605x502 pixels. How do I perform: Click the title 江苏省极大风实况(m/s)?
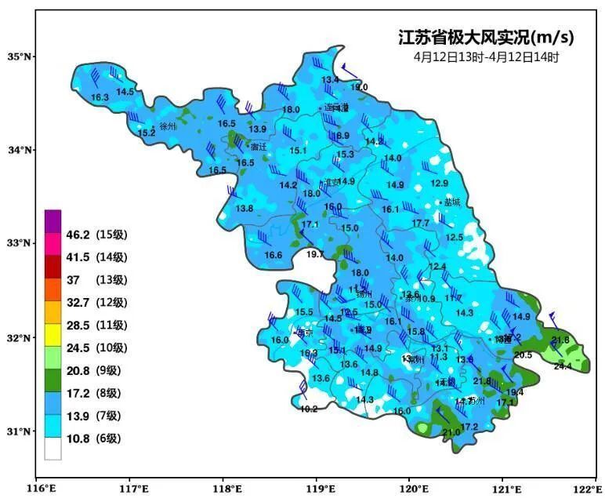pyautogui.click(x=486, y=38)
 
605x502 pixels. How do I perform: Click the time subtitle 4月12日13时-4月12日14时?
pyautogui.click(x=486, y=57)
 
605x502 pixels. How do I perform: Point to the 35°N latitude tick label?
pyautogui.click(x=17, y=56)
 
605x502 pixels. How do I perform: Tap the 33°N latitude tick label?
pyautogui.click(x=17, y=243)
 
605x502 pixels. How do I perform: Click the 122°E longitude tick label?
pyautogui.click(x=584, y=488)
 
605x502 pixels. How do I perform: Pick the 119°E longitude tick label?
pyautogui.click(x=317, y=488)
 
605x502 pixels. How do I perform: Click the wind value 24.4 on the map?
pyautogui.click(x=563, y=366)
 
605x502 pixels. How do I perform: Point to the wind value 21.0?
pyautogui.click(x=451, y=432)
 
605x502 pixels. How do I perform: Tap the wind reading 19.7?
pyautogui.click(x=315, y=254)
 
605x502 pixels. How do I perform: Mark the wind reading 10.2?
pyautogui.click(x=309, y=409)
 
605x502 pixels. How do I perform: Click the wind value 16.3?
pyautogui.click(x=100, y=97)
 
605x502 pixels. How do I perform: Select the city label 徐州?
pyautogui.click(x=168, y=125)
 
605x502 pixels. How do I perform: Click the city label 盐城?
pyautogui.click(x=452, y=202)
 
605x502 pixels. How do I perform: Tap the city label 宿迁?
pyautogui.click(x=259, y=146)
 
